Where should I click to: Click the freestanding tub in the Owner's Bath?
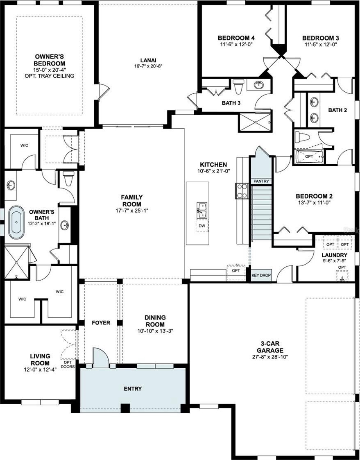tap(16, 222)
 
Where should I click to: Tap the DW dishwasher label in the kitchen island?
tap(202, 226)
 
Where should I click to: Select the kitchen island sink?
tap(202, 211)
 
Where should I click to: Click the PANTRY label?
tap(261, 181)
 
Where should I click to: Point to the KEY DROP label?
tap(261, 276)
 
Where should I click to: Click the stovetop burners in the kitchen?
tap(242, 191)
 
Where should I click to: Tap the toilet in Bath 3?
tap(238, 86)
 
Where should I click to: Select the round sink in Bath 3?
tap(258, 85)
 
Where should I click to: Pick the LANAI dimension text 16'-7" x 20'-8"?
tap(148, 66)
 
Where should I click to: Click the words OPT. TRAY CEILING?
tap(50, 76)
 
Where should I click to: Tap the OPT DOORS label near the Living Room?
tap(68, 365)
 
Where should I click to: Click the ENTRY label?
tap(133, 389)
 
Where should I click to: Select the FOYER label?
tap(101, 323)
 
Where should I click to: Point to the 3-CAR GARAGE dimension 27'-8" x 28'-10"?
tap(270, 357)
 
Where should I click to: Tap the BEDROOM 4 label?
tap(236, 38)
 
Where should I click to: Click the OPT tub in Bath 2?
tap(309, 156)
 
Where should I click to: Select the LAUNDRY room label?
tap(334, 255)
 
